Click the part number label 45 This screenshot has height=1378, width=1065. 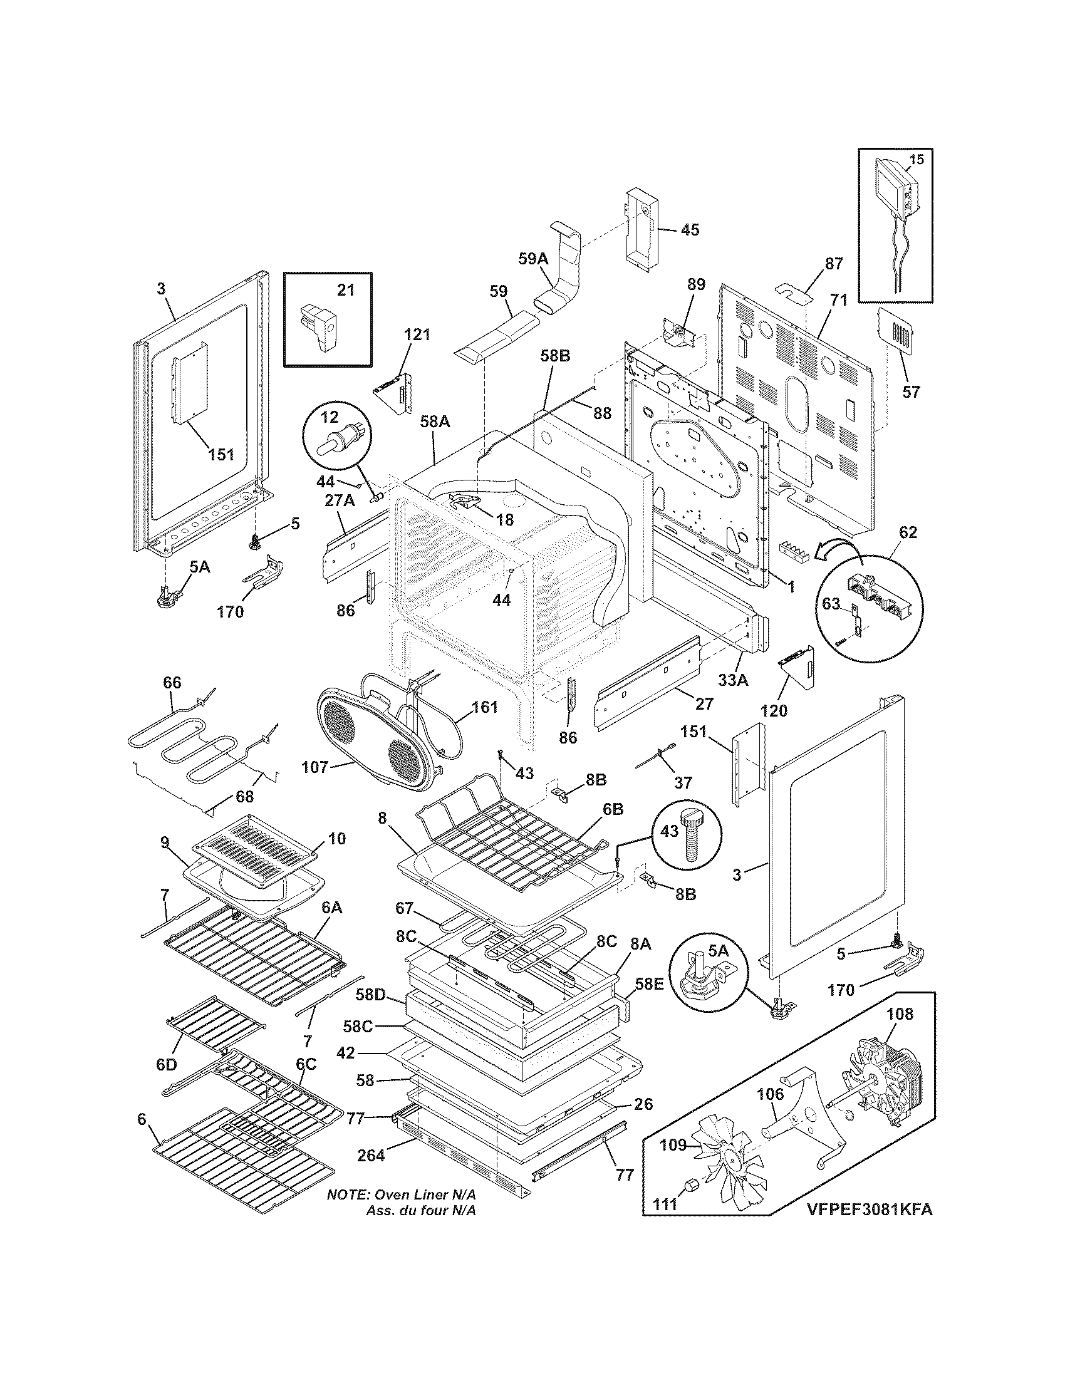click(690, 230)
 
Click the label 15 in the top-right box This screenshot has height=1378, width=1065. click(916, 159)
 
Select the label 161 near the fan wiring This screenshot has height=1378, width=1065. click(484, 707)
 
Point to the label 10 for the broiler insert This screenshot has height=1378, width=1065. click(337, 839)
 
